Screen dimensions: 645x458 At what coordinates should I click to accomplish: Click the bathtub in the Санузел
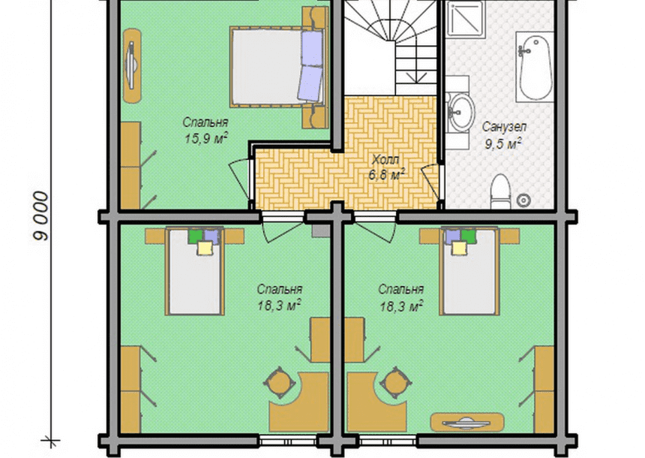coord(535,67)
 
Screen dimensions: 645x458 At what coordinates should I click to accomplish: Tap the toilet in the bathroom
coord(500,191)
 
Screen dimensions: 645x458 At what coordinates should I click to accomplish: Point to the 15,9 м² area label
coord(206,138)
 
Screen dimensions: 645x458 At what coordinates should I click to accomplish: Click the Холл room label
coord(385,159)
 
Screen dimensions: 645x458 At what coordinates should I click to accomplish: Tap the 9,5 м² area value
coord(503,143)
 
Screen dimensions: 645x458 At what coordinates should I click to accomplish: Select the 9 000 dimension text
coord(41,215)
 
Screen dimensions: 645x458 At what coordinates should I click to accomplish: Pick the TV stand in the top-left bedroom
coord(132,65)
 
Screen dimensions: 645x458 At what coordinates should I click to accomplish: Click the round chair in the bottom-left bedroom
coord(279,383)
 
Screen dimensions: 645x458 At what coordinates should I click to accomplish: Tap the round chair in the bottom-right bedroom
coord(395,383)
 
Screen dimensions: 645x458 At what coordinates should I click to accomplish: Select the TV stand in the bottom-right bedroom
coord(467,422)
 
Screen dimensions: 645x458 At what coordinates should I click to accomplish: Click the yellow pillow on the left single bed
coord(205,248)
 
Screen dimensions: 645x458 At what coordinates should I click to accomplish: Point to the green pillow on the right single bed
coord(468,236)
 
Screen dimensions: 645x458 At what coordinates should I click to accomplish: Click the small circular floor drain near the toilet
coord(523,200)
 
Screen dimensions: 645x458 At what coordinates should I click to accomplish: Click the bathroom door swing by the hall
coord(430,181)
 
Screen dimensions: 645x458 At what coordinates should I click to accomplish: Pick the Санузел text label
coord(504,126)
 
